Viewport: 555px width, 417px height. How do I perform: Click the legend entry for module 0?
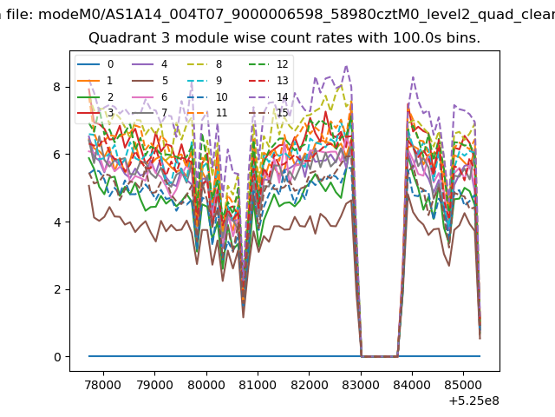95,64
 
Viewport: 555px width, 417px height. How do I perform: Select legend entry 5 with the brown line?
150,81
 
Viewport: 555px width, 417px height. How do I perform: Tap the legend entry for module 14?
269,96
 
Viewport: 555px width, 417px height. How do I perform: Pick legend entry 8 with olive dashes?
204,64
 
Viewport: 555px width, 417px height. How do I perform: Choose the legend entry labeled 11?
206,113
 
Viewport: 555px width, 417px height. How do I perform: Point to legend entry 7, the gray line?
150,113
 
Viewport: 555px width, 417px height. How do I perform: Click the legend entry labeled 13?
269,81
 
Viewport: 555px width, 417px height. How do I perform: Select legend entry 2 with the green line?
95,96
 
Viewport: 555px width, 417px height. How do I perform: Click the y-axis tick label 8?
57,87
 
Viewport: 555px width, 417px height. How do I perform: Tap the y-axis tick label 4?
57,222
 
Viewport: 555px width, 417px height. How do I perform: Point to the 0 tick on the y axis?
57,357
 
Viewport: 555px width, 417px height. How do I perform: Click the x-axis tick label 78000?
103,385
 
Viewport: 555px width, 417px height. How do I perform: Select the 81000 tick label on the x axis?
258,385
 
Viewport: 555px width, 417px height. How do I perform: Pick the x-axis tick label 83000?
361,385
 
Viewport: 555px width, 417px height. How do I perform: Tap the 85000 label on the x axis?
463,385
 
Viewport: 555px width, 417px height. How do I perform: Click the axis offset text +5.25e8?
474,401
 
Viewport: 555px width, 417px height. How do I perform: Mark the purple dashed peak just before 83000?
346,66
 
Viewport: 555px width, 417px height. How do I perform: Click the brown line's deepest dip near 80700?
243,317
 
